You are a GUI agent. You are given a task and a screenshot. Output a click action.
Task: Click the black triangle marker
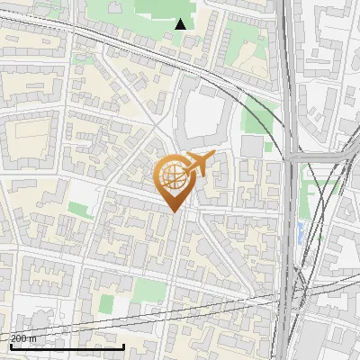[x=181, y=24]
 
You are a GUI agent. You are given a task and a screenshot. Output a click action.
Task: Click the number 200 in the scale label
[x=19, y=338]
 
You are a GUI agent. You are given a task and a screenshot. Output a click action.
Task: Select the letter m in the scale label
[x=33, y=338]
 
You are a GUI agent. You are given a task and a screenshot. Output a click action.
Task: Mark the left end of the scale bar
[x=10, y=346]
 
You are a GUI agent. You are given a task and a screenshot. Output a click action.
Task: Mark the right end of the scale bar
[x=123, y=346]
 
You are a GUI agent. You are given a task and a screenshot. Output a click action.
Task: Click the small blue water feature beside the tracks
[x=299, y=233]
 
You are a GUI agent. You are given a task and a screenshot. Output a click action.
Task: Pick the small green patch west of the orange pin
[x=79, y=210]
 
